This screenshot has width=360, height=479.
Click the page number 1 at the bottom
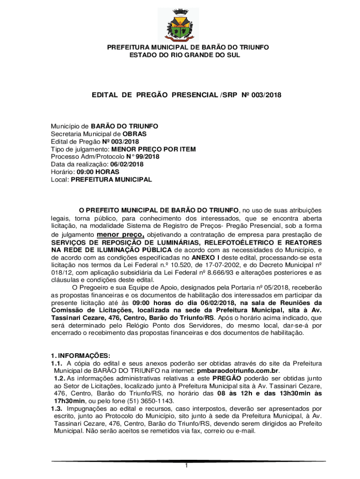click(x=186, y=466)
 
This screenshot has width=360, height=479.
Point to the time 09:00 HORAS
click(x=94, y=172)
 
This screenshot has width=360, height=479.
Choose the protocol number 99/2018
click(x=145, y=157)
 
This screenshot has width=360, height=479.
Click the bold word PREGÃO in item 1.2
click(x=227, y=378)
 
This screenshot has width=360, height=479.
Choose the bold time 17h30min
click(x=70, y=401)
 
